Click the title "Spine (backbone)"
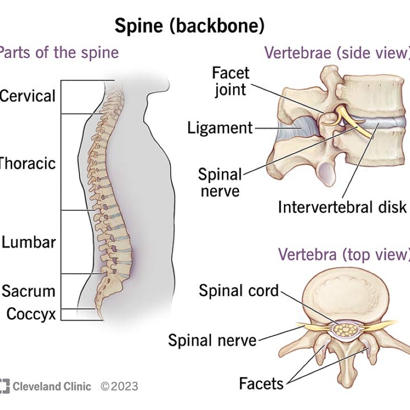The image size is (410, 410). click(190, 26)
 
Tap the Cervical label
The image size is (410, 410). click(28, 96)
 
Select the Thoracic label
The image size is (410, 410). click(28, 163)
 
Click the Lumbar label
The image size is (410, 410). click(29, 242)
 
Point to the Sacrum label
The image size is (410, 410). click(29, 291)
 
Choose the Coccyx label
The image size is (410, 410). click(31, 314)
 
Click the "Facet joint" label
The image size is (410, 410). click(231, 81)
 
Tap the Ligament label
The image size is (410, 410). click(220, 128)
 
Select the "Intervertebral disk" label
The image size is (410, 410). click(342, 207)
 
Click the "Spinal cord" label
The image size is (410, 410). click(239, 291)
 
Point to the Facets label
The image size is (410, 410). click(261, 383)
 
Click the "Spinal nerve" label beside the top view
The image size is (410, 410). click(212, 340)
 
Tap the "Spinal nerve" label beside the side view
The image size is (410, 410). click(219, 183)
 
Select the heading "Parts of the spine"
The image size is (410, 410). click(59, 52)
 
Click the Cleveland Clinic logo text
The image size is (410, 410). click(51, 386)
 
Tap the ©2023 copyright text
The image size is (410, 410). click(119, 386)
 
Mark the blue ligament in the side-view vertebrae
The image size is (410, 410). click(299, 128)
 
